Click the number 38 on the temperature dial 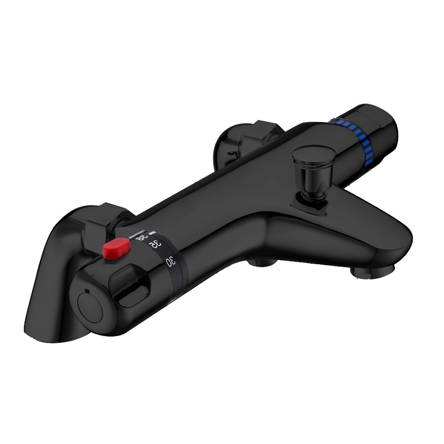tap(142, 238)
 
